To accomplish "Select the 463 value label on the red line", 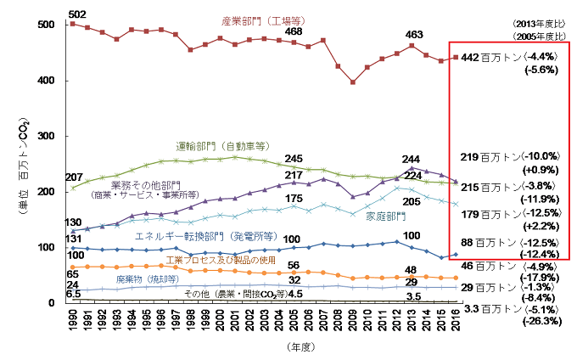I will tap(413, 35).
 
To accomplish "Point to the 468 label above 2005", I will tap(294, 31).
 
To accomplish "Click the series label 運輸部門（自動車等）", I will tap(221, 145).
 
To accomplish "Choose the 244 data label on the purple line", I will tap(412, 160).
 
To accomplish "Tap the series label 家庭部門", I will tap(384, 217).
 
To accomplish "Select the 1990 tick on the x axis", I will tap(74, 318).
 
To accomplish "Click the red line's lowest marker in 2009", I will tap(352, 82).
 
